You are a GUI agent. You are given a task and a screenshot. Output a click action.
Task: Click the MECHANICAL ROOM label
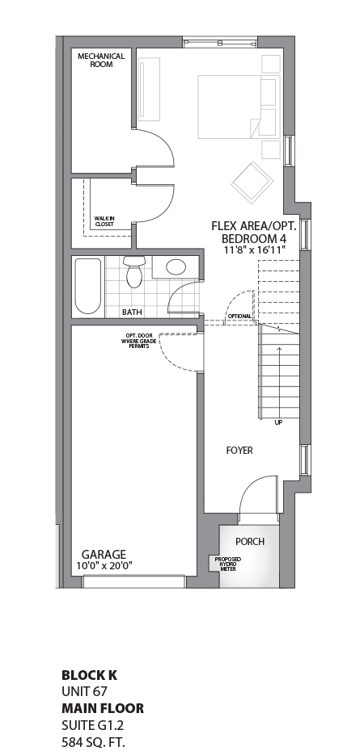pyautogui.click(x=101, y=60)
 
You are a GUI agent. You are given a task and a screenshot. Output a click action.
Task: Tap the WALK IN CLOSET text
pyautogui.click(x=104, y=221)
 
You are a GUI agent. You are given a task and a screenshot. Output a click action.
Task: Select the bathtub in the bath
pyautogui.click(x=87, y=287)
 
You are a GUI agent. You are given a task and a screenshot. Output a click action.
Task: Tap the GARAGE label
pyautogui.click(x=103, y=554)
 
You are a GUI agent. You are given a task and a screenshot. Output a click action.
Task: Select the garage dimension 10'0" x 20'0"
pyautogui.click(x=103, y=565)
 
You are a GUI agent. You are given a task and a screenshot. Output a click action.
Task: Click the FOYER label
pyautogui.click(x=239, y=450)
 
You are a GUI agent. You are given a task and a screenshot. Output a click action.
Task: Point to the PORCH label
pyautogui.click(x=249, y=541)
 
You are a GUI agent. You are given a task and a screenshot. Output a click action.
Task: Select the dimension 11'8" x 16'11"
pyautogui.click(x=253, y=250)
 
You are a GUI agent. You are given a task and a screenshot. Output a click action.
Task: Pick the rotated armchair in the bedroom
pyautogui.click(x=250, y=181)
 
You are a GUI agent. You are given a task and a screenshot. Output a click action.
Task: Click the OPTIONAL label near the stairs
pyautogui.click(x=240, y=317)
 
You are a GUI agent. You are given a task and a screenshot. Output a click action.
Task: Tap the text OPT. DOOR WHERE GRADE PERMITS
pyautogui.click(x=138, y=341)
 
